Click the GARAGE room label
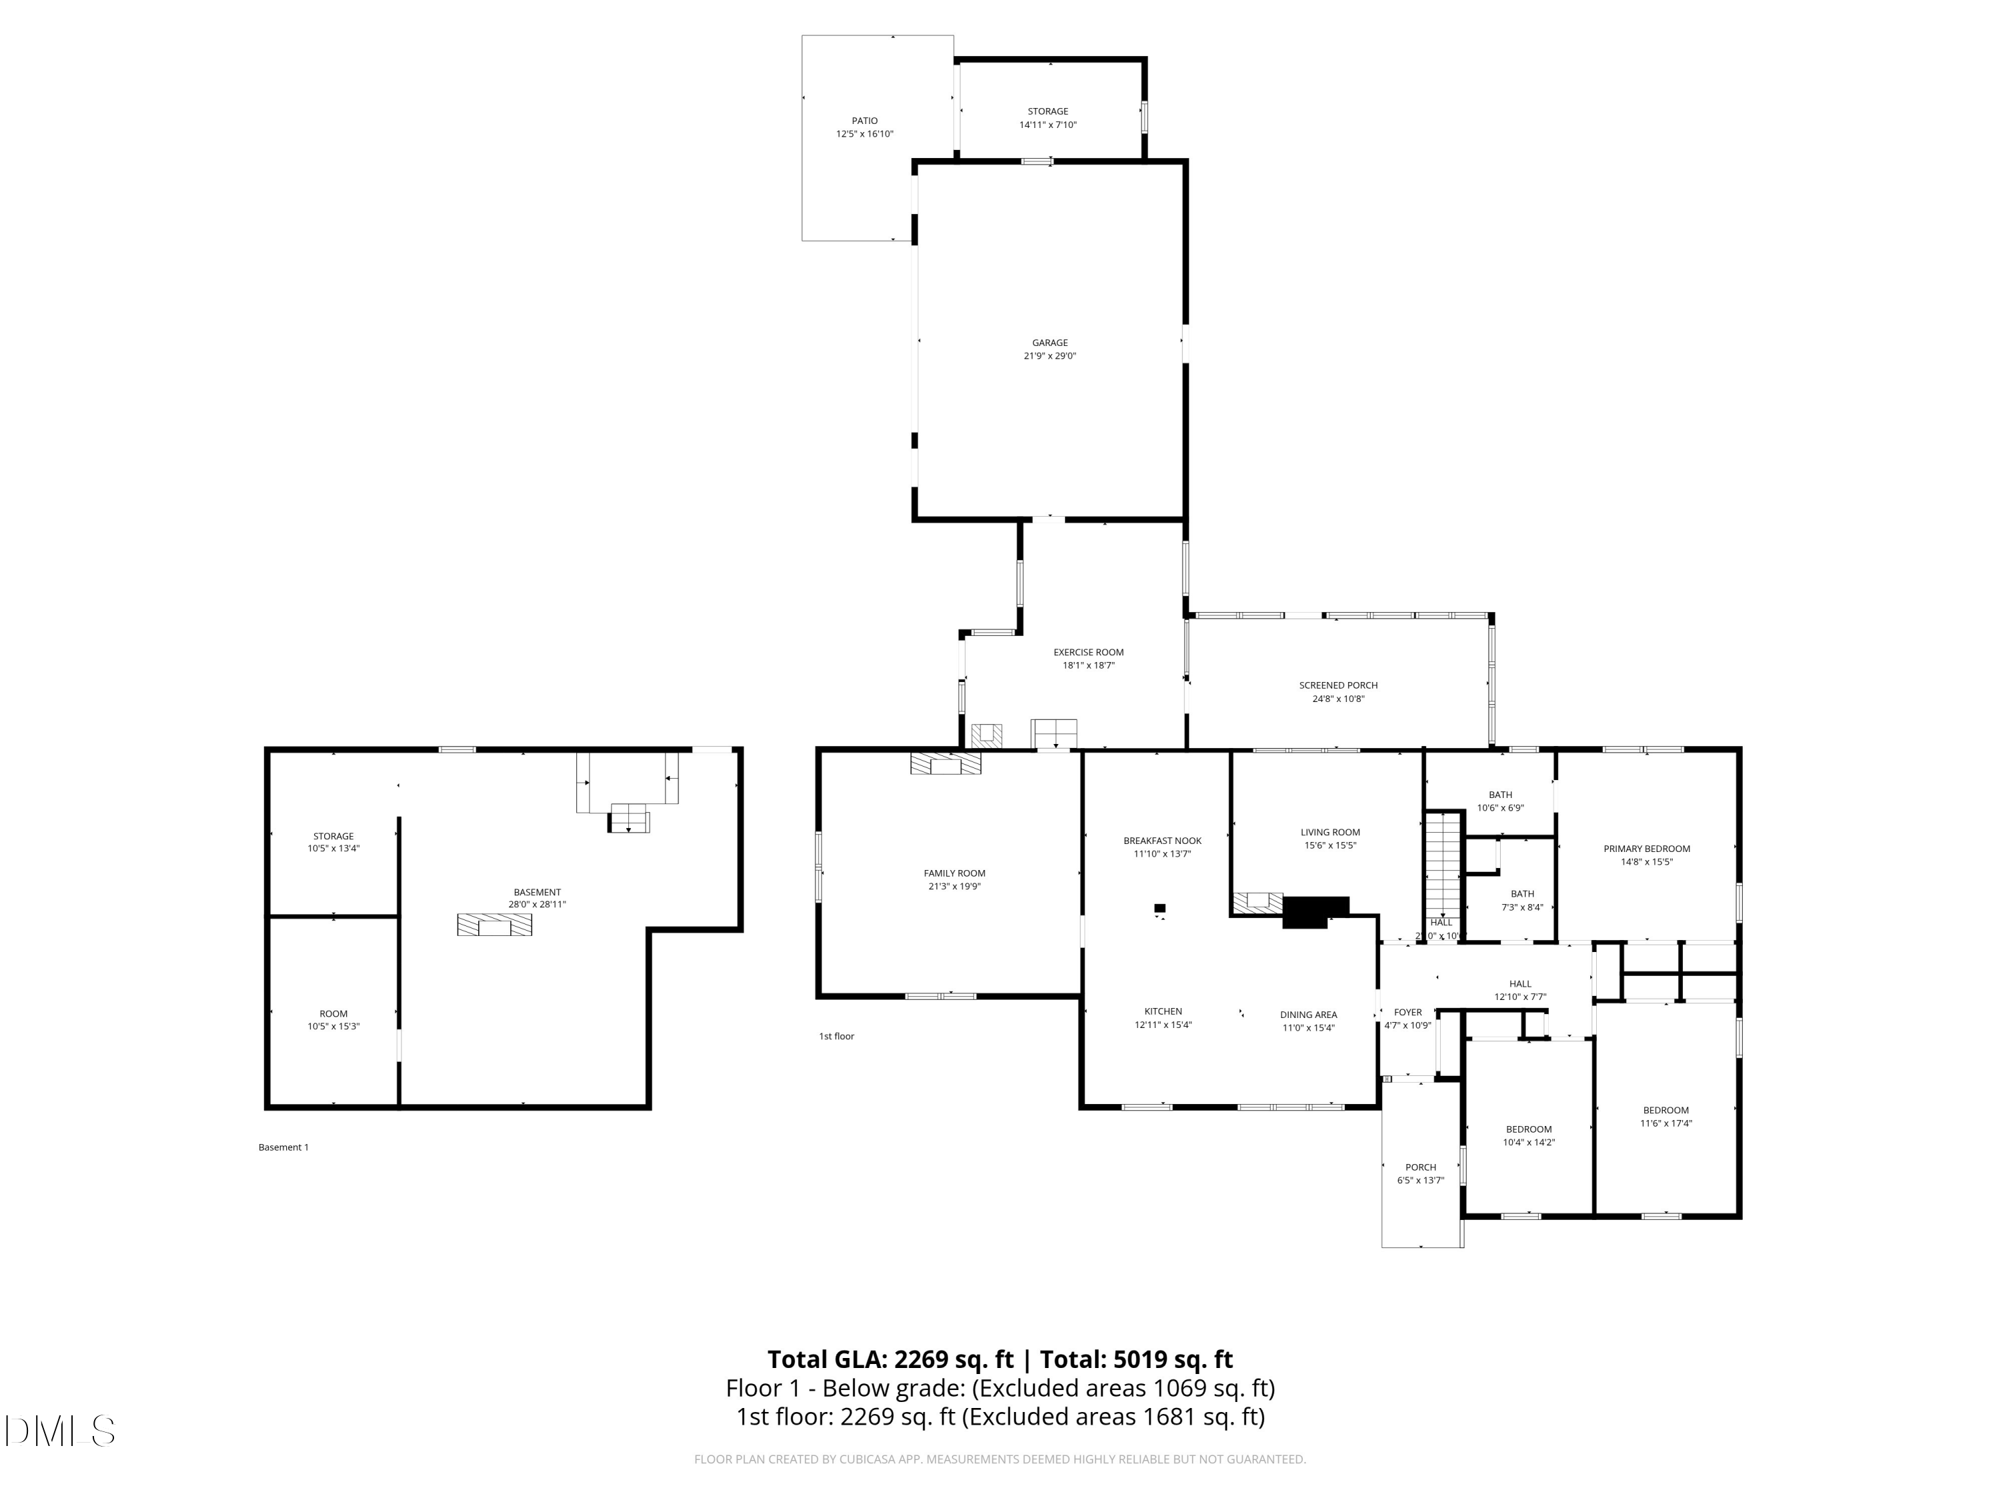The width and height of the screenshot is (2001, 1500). [x=1049, y=343]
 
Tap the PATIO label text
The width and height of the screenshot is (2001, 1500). [x=864, y=120]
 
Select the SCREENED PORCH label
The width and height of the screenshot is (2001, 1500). [x=1338, y=685]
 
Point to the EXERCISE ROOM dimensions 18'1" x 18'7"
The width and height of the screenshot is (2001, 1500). [x=1089, y=665]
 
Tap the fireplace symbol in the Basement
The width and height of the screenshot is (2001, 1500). [x=494, y=925]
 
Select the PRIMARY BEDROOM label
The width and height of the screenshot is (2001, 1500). [x=1646, y=849]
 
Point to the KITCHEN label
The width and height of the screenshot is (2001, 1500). [x=1163, y=1012]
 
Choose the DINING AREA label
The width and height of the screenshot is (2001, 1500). [x=1308, y=1015]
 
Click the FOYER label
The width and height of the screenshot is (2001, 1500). [x=1407, y=1013]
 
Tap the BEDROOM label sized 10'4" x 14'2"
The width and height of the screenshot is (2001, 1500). [x=1529, y=1129]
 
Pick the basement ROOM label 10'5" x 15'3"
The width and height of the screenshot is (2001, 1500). [x=333, y=1013]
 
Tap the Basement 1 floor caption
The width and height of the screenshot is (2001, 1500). [x=283, y=1147]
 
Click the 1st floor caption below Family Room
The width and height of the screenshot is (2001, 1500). [x=836, y=1036]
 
